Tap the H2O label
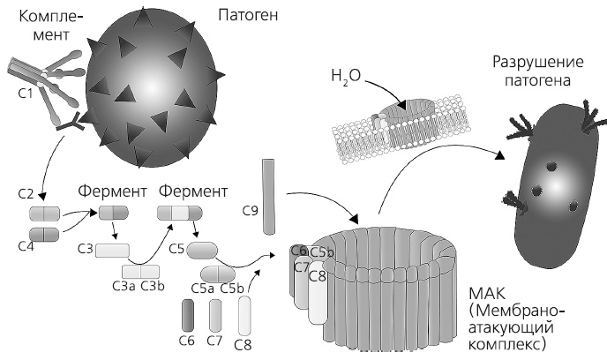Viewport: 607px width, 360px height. [x=347, y=77]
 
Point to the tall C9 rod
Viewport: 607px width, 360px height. [x=270, y=197]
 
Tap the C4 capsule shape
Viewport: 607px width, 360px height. [x=43, y=235]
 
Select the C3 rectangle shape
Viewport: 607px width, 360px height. [x=112, y=251]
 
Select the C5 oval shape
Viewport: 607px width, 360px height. [x=202, y=250]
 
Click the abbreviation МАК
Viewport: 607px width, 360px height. [x=487, y=292]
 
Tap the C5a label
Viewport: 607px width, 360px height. [x=204, y=288]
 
